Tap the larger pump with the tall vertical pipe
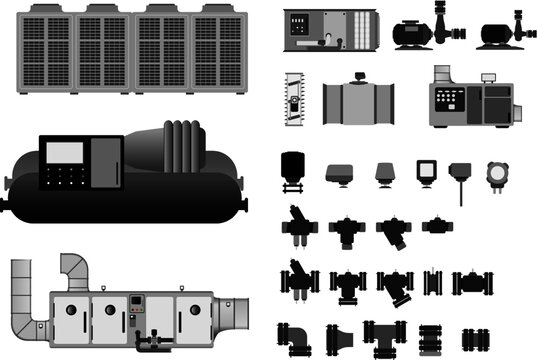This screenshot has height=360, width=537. (x=425, y=30)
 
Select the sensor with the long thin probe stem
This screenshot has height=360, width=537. (x=460, y=178)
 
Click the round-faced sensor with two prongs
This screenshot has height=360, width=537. (x=497, y=176)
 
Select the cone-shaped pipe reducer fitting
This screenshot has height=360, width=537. (x=338, y=336)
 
